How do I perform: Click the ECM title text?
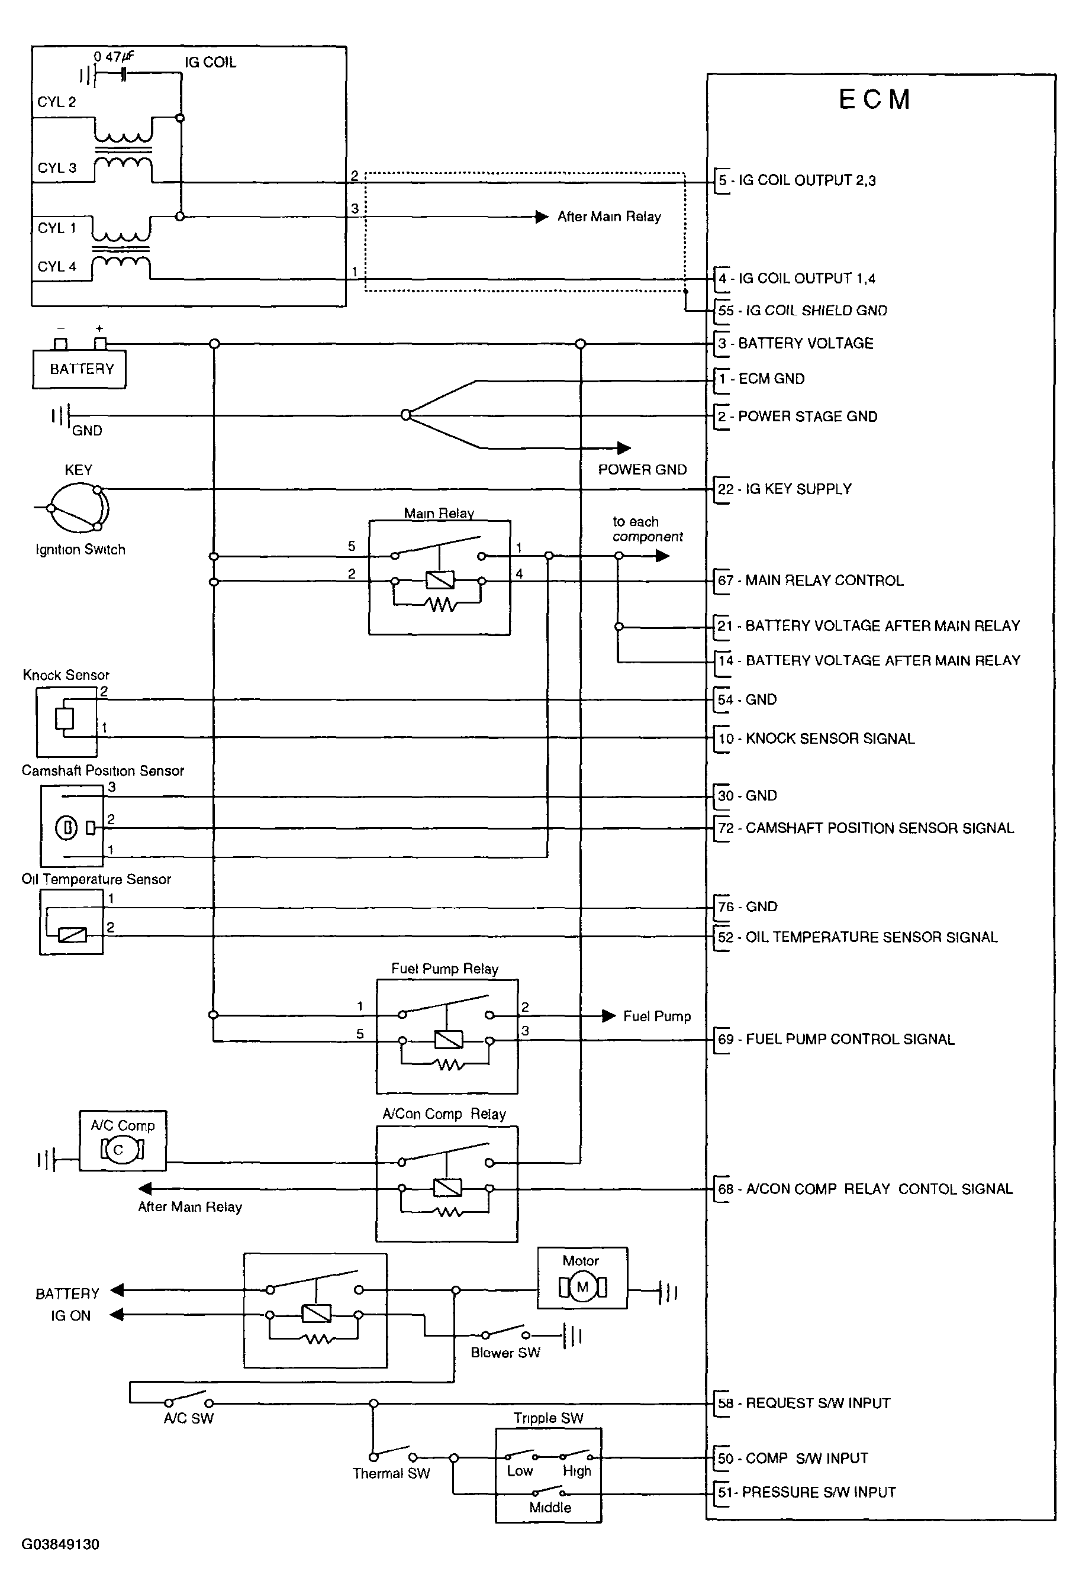(x=875, y=99)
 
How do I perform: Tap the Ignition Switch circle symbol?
(x=80, y=508)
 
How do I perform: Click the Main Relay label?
(x=439, y=513)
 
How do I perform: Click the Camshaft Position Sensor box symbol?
(x=72, y=825)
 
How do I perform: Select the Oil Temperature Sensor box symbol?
(x=72, y=922)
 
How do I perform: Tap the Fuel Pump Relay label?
(x=445, y=969)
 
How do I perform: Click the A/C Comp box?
(x=123, y=1140)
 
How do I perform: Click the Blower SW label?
(x=505, y=1353)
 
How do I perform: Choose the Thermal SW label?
(x=391, y=1473)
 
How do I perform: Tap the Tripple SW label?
(x=549, y=1418)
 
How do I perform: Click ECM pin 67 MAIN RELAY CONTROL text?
(x=811, y=580)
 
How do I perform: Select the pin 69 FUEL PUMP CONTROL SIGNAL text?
(x=836, y=1039)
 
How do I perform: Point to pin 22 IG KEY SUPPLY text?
(x=785, y=489)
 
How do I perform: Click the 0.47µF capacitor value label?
(x=114, y=56)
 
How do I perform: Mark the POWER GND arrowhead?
(x=623, y=448)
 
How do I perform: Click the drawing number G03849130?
(x=60, y=1544)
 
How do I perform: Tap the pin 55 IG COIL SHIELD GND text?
(x=803, y=311)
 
